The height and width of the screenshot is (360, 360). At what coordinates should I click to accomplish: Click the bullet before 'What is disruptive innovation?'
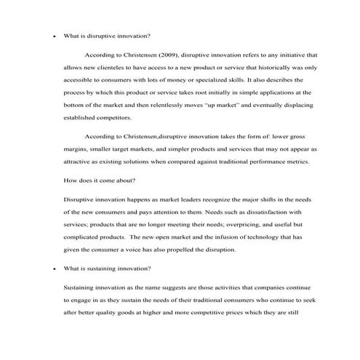47,36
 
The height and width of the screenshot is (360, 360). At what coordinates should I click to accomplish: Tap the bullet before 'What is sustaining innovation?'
47,268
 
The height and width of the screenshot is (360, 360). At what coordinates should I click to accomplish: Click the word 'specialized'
204,79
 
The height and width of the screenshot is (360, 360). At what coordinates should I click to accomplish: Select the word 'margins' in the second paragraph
78,149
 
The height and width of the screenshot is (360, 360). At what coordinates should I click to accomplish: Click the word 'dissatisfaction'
265,212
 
